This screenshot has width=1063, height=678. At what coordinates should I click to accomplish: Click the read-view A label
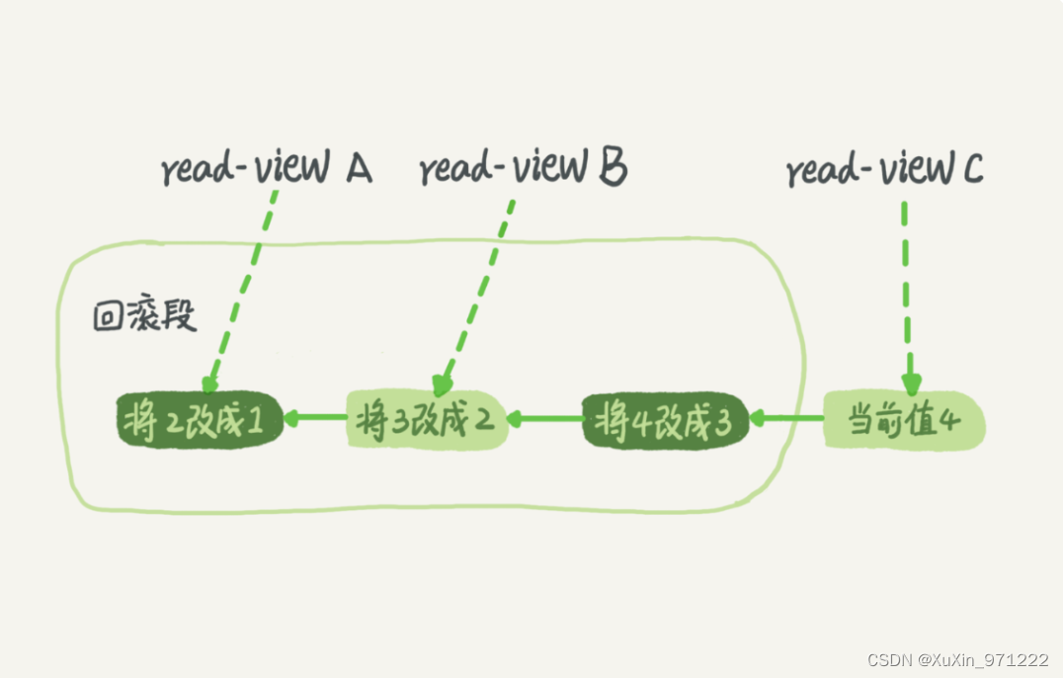[266, 169]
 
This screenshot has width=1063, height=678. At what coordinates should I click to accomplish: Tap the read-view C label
[884, 170]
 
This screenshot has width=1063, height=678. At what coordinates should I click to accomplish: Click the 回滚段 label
[145, 316]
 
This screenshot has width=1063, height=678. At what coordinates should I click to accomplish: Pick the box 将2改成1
[199, 421]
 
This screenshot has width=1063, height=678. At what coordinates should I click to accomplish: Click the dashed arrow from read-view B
[479, 292]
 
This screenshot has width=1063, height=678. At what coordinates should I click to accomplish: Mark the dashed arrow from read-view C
[907, 297]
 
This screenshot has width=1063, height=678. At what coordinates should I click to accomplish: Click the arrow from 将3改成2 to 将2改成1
[315, 419]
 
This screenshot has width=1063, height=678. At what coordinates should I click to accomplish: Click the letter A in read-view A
[357, 170]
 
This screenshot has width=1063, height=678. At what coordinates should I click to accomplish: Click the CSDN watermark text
[957, 659]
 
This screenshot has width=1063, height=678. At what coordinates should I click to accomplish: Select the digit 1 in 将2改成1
[254, 423]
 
